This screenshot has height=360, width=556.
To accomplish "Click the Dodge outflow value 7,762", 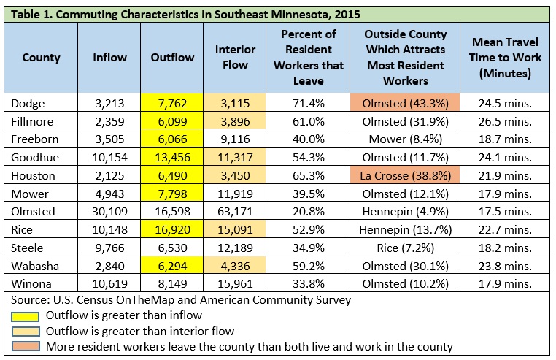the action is (172, 103).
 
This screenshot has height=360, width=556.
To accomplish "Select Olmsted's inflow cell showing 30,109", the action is (109, 211).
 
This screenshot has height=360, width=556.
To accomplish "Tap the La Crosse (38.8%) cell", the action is (405, 175).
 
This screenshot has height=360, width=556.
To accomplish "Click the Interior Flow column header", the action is (235, 57).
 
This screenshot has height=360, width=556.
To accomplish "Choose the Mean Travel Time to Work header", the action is (505, 58).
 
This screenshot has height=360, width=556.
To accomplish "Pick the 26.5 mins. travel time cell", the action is (505, 121).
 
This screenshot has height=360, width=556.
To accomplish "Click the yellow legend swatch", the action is (26, 316).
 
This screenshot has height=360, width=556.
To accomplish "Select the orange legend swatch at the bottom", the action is (26, 346).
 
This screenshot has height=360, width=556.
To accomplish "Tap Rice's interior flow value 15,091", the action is (235, 229).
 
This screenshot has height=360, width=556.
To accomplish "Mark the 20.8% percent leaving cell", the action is (308, 211).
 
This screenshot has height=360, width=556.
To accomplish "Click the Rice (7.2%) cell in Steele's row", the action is (405, 248).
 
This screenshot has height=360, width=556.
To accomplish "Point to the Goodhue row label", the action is (35, 157).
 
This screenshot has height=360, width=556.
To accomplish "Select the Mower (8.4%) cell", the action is (405, 139).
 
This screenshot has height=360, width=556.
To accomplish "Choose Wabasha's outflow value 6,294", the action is (172, 266).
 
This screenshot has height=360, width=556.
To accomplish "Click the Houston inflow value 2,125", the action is (109, 175).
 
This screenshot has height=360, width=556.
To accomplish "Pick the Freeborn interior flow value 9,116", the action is (235, 139).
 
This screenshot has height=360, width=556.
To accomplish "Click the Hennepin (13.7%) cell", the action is (405, 229).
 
